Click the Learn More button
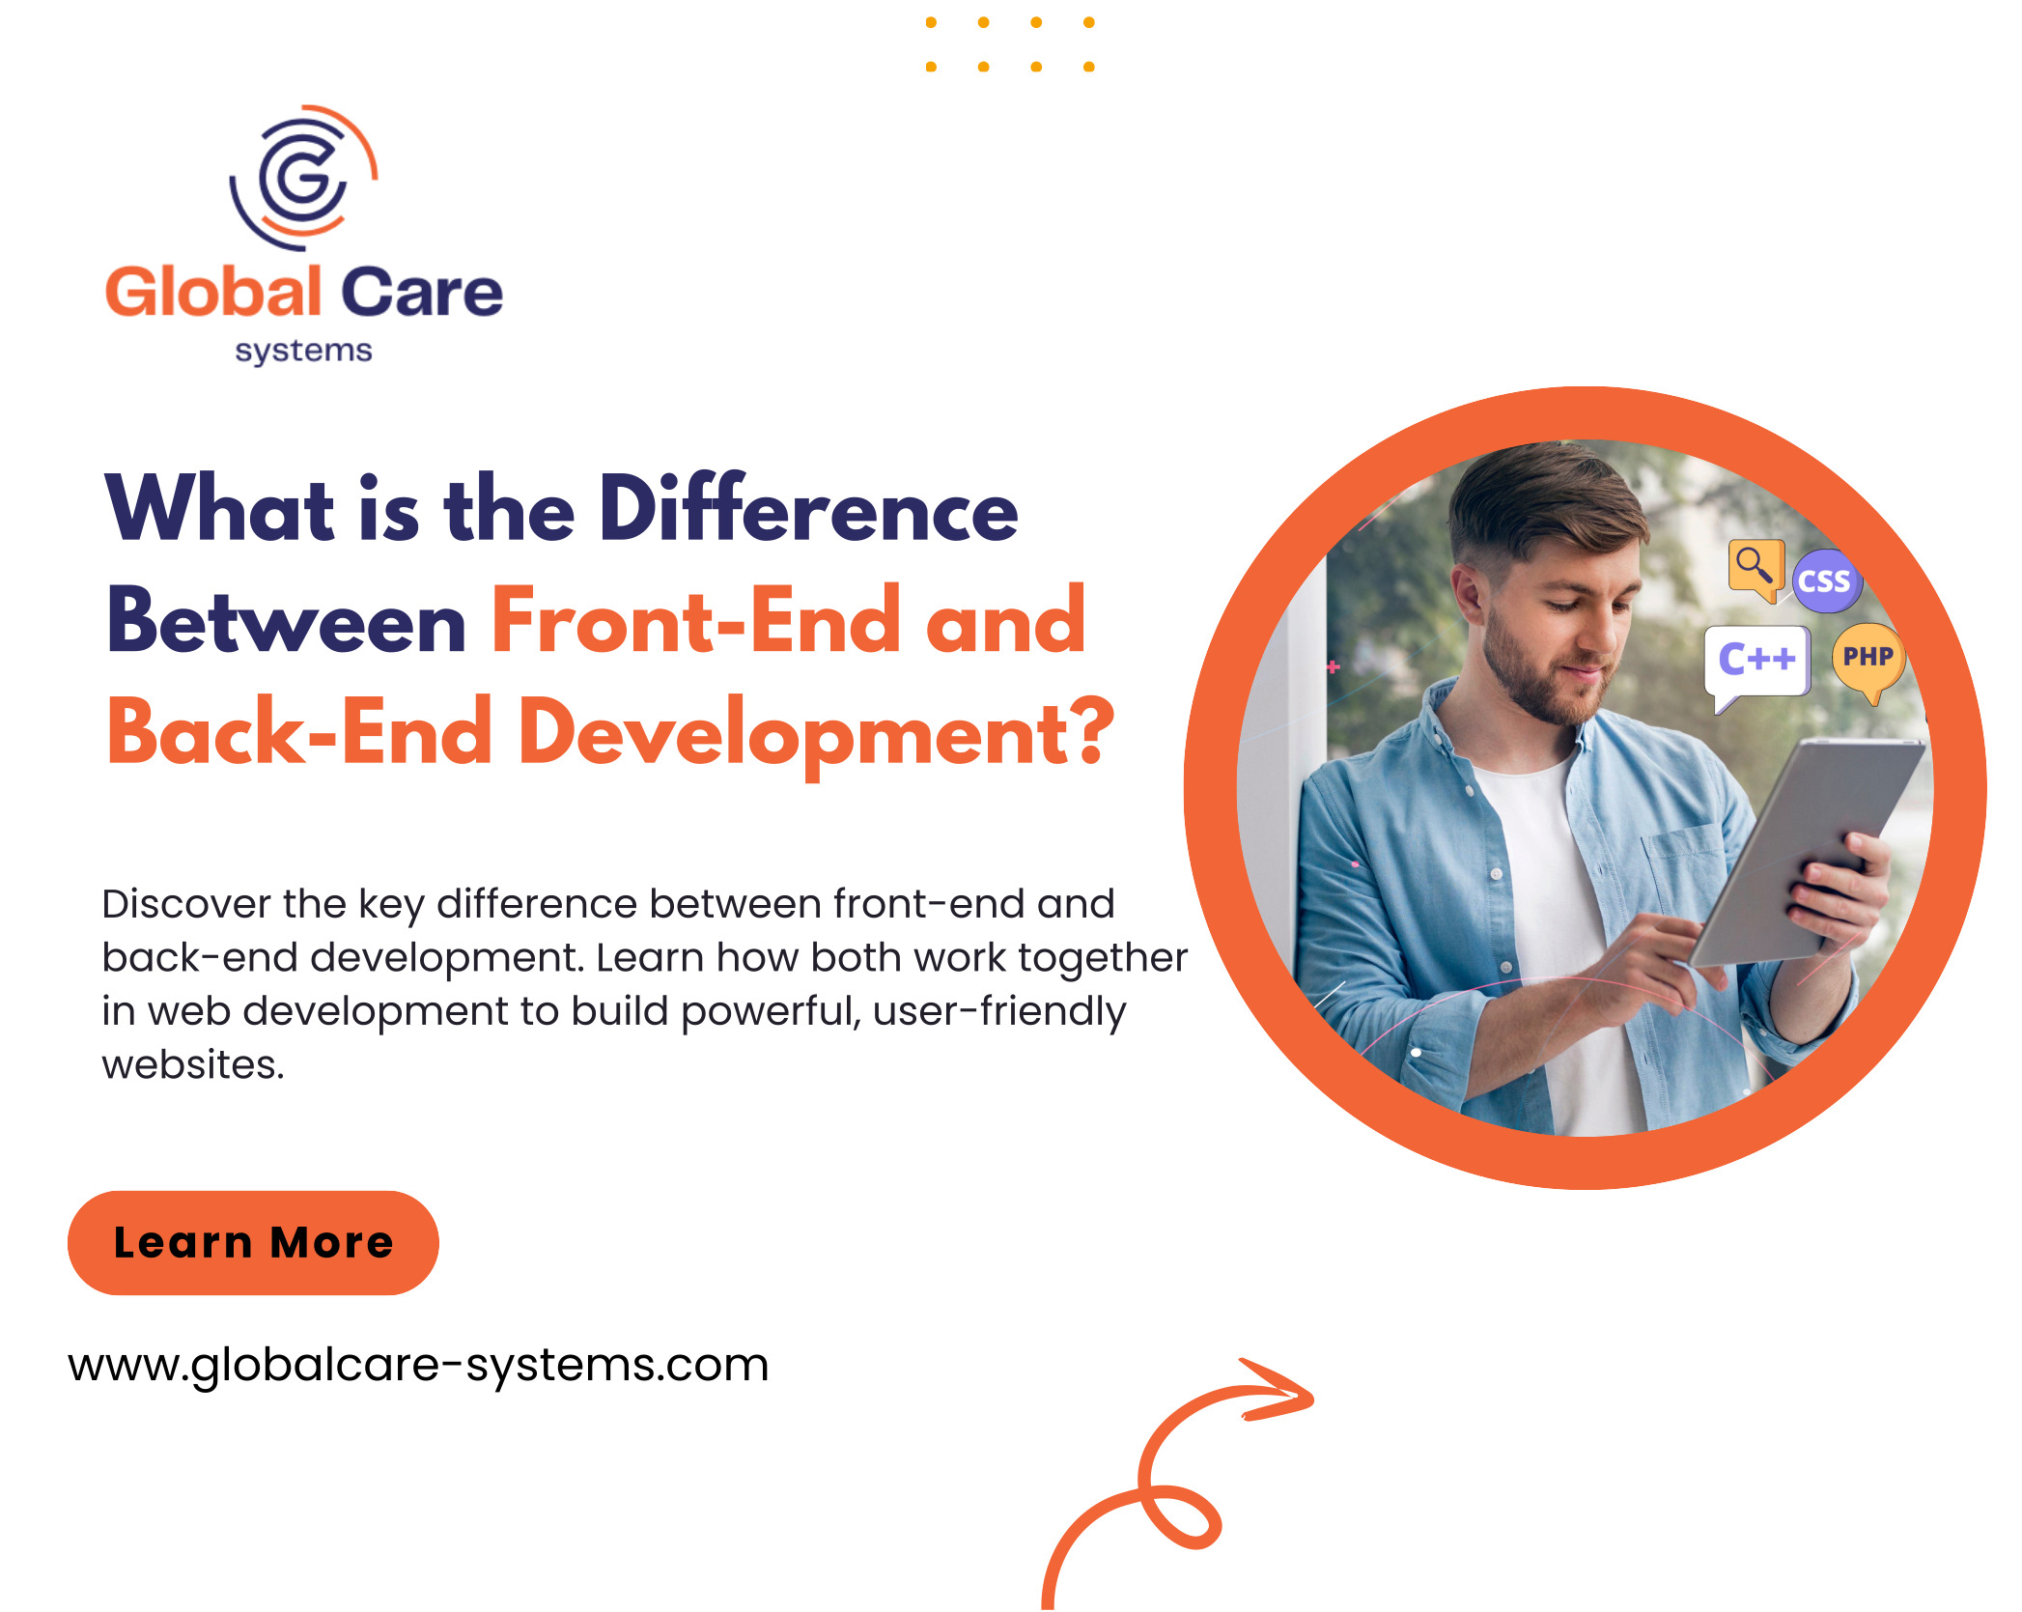pos(253,1242)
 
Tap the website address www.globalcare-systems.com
pos(418,1365)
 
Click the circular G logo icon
pos(303,177)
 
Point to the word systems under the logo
pos(303,351)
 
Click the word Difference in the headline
pos(809,509)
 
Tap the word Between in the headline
pos(287,621)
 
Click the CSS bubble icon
pos(1826,581)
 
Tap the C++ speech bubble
pos(1756,663)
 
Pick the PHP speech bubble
pos(1868,661)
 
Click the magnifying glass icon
pos(1755,569)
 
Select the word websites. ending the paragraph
pos(193,1065)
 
